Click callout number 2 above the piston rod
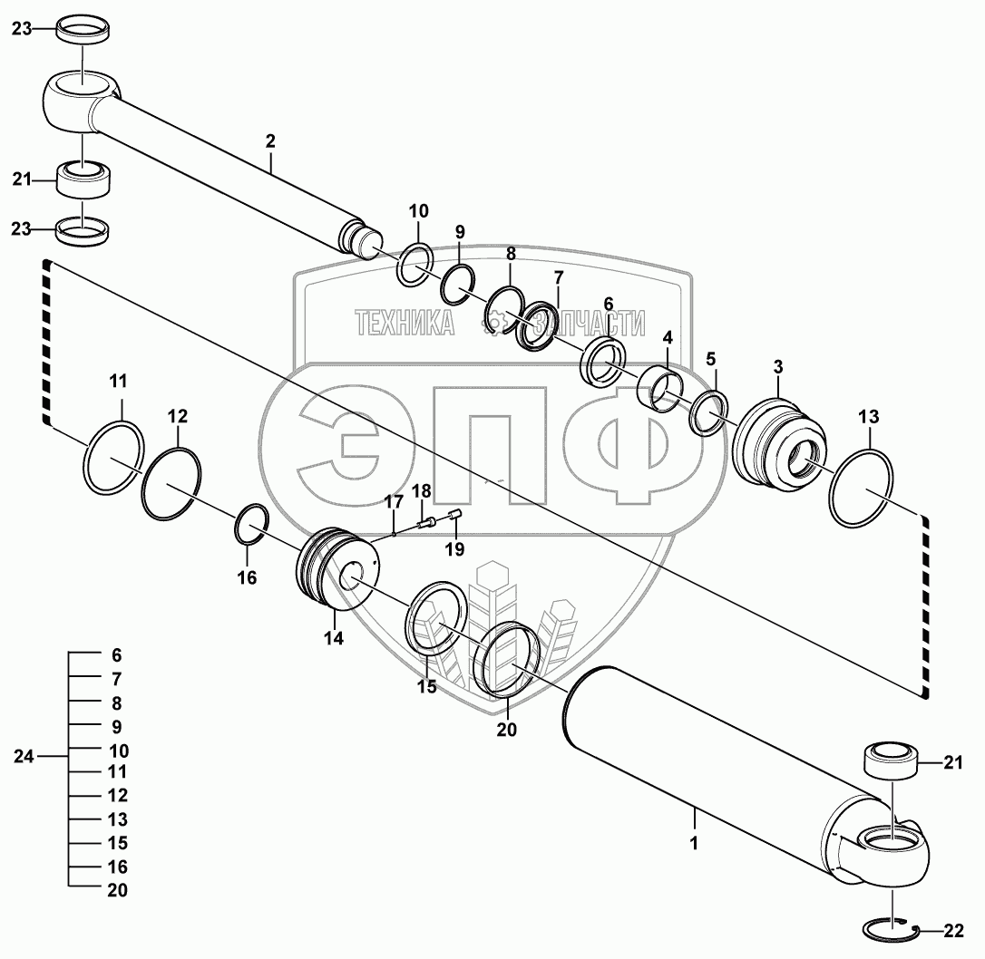pos(270,141)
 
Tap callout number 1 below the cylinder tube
pos(694,844)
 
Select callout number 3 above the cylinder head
pos(778,367)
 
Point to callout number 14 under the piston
pos(334,639)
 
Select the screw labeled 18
pos(425,522)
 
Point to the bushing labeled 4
pos(659,391)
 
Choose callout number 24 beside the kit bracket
pos(24,757)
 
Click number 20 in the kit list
pos(118,891)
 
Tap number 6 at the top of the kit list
pos(117,655)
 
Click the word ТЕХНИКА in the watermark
pos(405,323)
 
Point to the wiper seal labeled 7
pos(538,325)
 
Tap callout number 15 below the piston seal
pos(427,686)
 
